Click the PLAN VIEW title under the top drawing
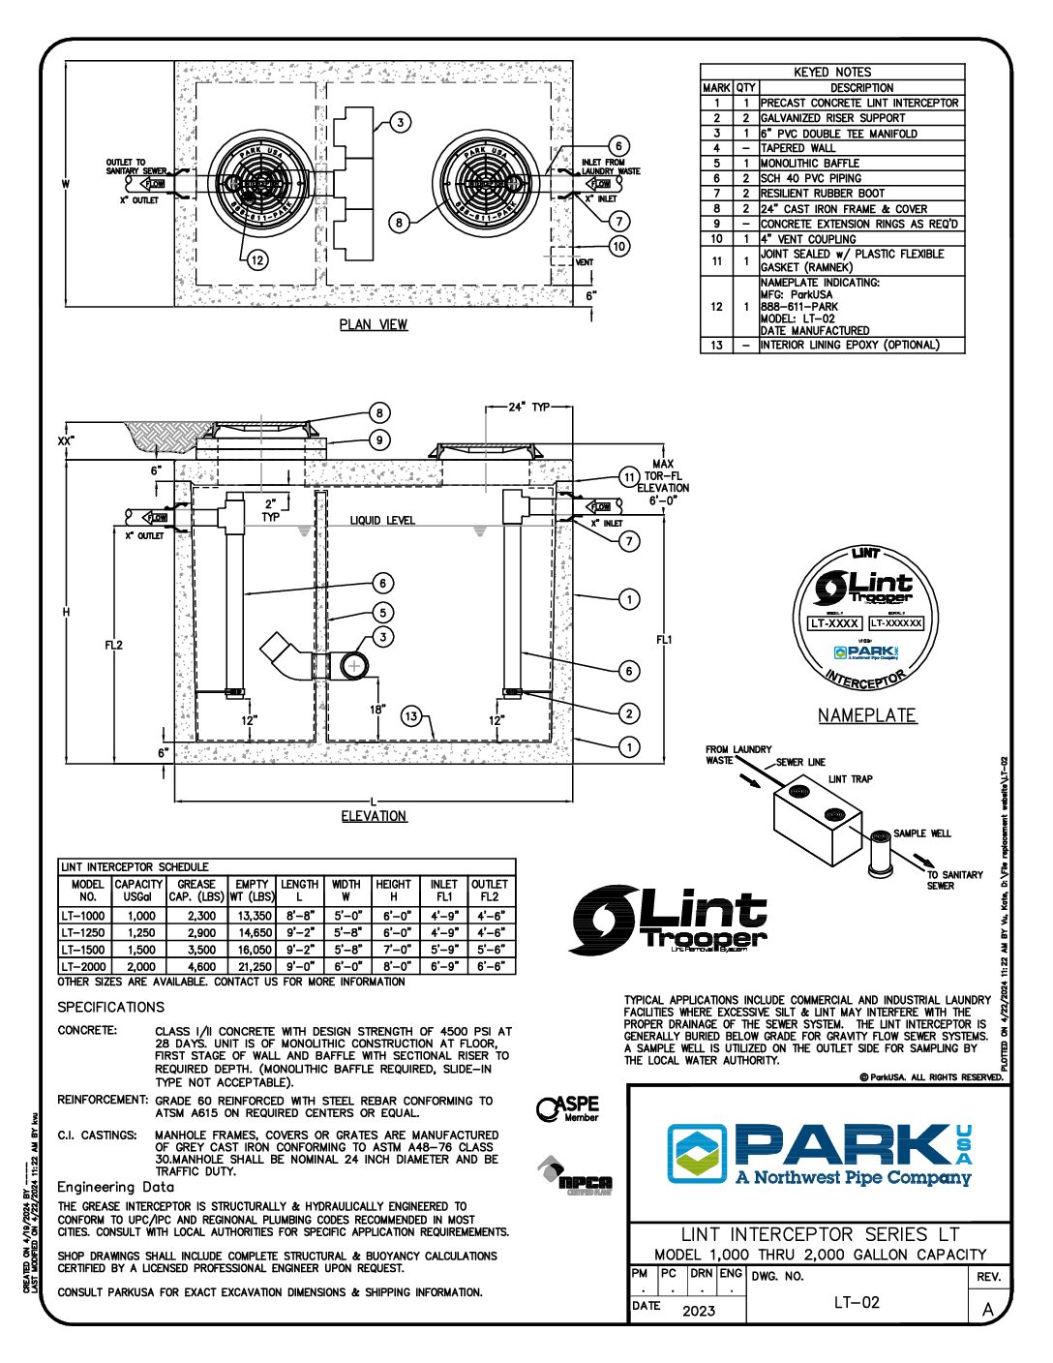373,324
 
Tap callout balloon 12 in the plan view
256,259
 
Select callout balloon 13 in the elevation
412,716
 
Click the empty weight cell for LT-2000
254,966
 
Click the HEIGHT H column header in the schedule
393,891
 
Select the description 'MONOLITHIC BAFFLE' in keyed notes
809,164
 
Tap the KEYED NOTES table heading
831,72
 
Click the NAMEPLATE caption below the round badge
866,715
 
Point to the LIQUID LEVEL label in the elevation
382,521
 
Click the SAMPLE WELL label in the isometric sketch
921,833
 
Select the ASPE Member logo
568,1109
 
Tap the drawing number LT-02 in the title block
857,1302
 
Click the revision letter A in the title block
987,1309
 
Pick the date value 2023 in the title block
699,1311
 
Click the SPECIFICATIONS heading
110,1007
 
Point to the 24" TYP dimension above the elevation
528,407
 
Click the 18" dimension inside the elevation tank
376,710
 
